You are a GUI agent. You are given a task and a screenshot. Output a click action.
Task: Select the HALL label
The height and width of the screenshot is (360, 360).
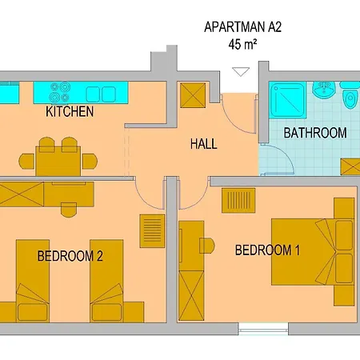204,144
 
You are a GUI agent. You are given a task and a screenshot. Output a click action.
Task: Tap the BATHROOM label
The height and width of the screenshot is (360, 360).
315,133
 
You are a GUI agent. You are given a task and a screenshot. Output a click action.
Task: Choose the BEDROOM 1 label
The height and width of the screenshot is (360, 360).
266,250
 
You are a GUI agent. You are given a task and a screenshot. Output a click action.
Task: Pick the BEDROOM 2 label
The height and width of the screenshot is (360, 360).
70,256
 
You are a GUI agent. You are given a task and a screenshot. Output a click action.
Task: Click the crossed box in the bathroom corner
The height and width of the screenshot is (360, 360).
350,166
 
